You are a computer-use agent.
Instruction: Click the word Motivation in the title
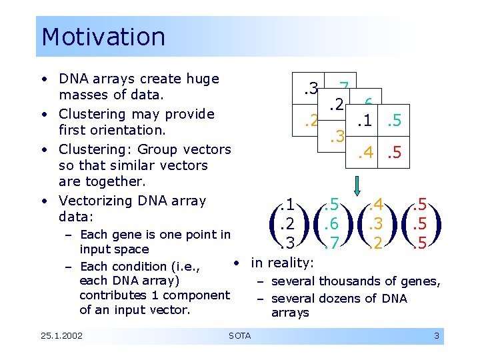(x=103, y=37)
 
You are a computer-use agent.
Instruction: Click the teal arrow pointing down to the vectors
(x=356, y=175)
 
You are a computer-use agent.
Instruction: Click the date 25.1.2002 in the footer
(x=61, y=335)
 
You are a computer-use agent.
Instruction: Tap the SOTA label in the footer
(x=239, y=335)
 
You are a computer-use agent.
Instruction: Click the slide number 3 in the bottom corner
(x=437, y=335)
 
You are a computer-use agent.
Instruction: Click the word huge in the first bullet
(x=203, y=79)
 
